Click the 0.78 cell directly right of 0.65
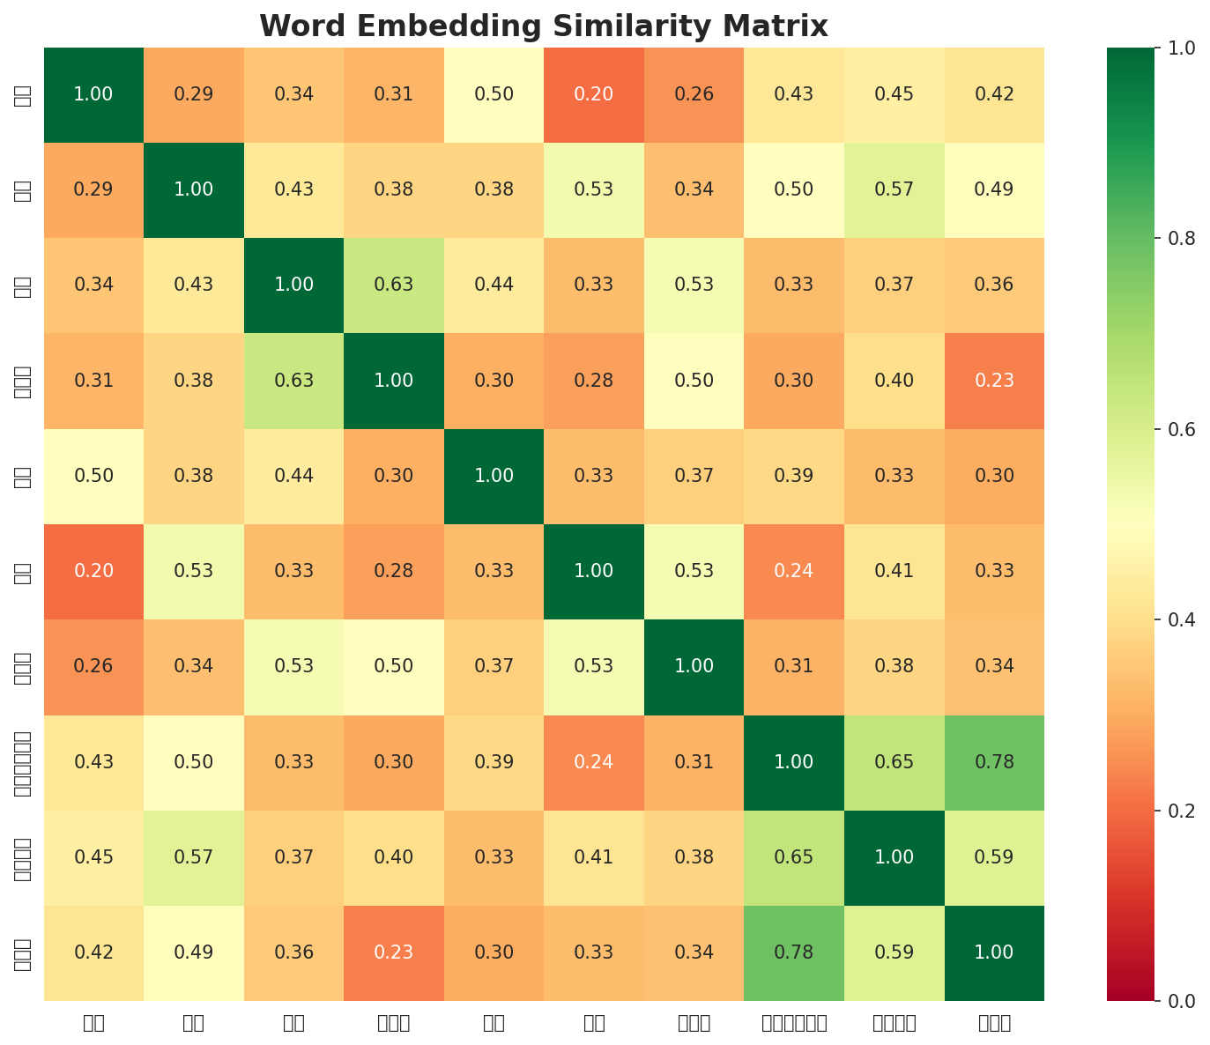pyautogui.click(x=994, y=762)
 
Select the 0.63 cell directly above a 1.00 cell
pyautogui.click(x=394, y=285)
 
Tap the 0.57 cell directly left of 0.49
pyautogui.click(x=894, y=190)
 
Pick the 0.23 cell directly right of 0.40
pyautogui.click(x=994, y=381)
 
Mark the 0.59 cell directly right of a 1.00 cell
pyautogui.click(x=994, y=857)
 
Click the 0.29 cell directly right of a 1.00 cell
pyautogui.click(x=194, y=95)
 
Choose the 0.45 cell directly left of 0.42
pyautogui.click(x=894, y=95)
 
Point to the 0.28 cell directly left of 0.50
pyautogui.click(x=594, y=381)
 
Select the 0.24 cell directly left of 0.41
pyautogui.click(x=794, y=571)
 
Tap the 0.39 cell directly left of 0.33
pyautogui.click(x=794, y=476)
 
